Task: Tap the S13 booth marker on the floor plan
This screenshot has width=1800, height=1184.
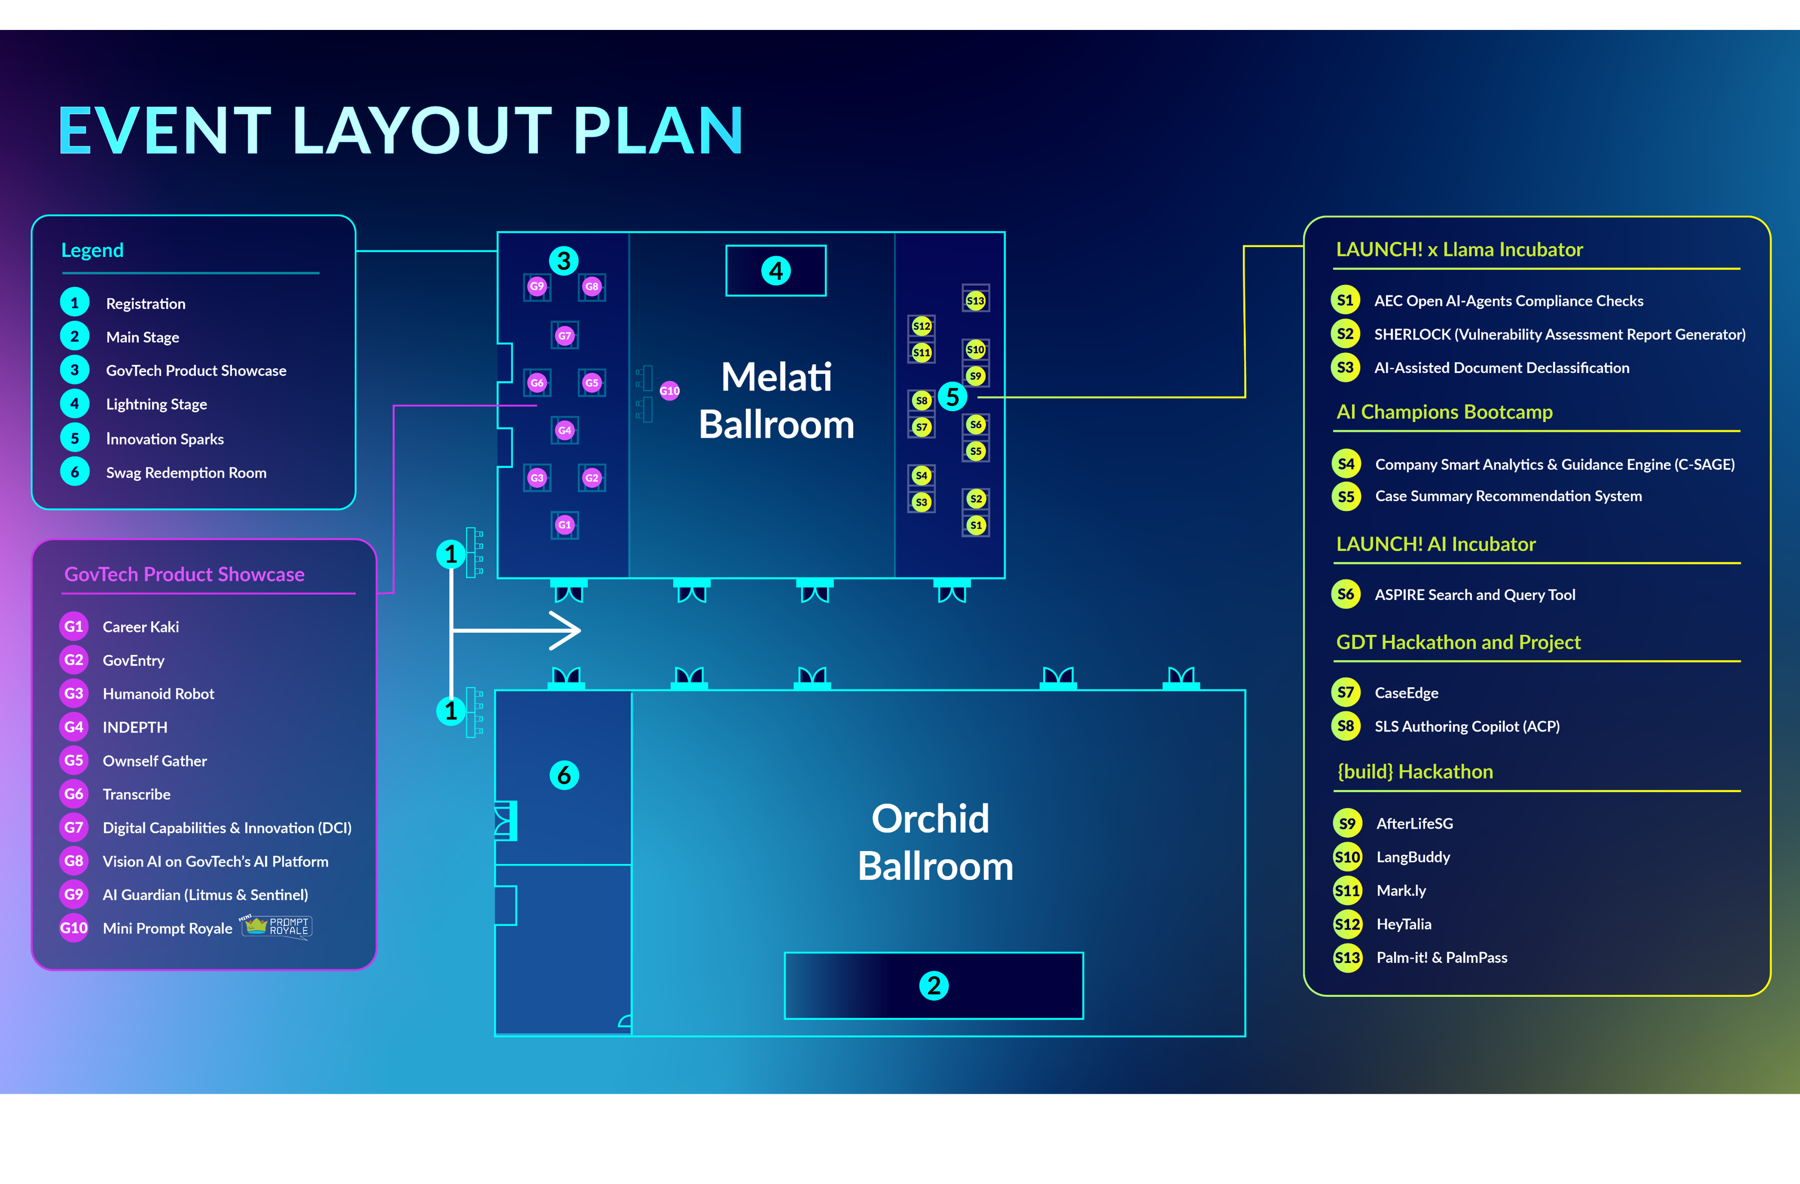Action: coord(976,300)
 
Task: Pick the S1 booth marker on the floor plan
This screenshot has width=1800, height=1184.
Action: coord(976,525)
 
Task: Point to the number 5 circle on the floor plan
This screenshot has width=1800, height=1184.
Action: coord(952,396)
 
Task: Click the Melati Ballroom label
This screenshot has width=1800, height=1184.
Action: coord(777,400)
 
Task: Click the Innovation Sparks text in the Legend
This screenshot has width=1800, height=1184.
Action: coord(165,439)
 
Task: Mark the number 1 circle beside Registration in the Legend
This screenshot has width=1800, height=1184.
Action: coord(74,302)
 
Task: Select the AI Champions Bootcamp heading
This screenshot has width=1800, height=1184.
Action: coord(1444,412)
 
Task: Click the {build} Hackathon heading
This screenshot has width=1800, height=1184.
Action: coord(1414,772)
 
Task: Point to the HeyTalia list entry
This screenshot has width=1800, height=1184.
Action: coord(1404,924)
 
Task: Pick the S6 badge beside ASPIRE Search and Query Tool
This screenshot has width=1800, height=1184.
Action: coord(1346,594)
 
